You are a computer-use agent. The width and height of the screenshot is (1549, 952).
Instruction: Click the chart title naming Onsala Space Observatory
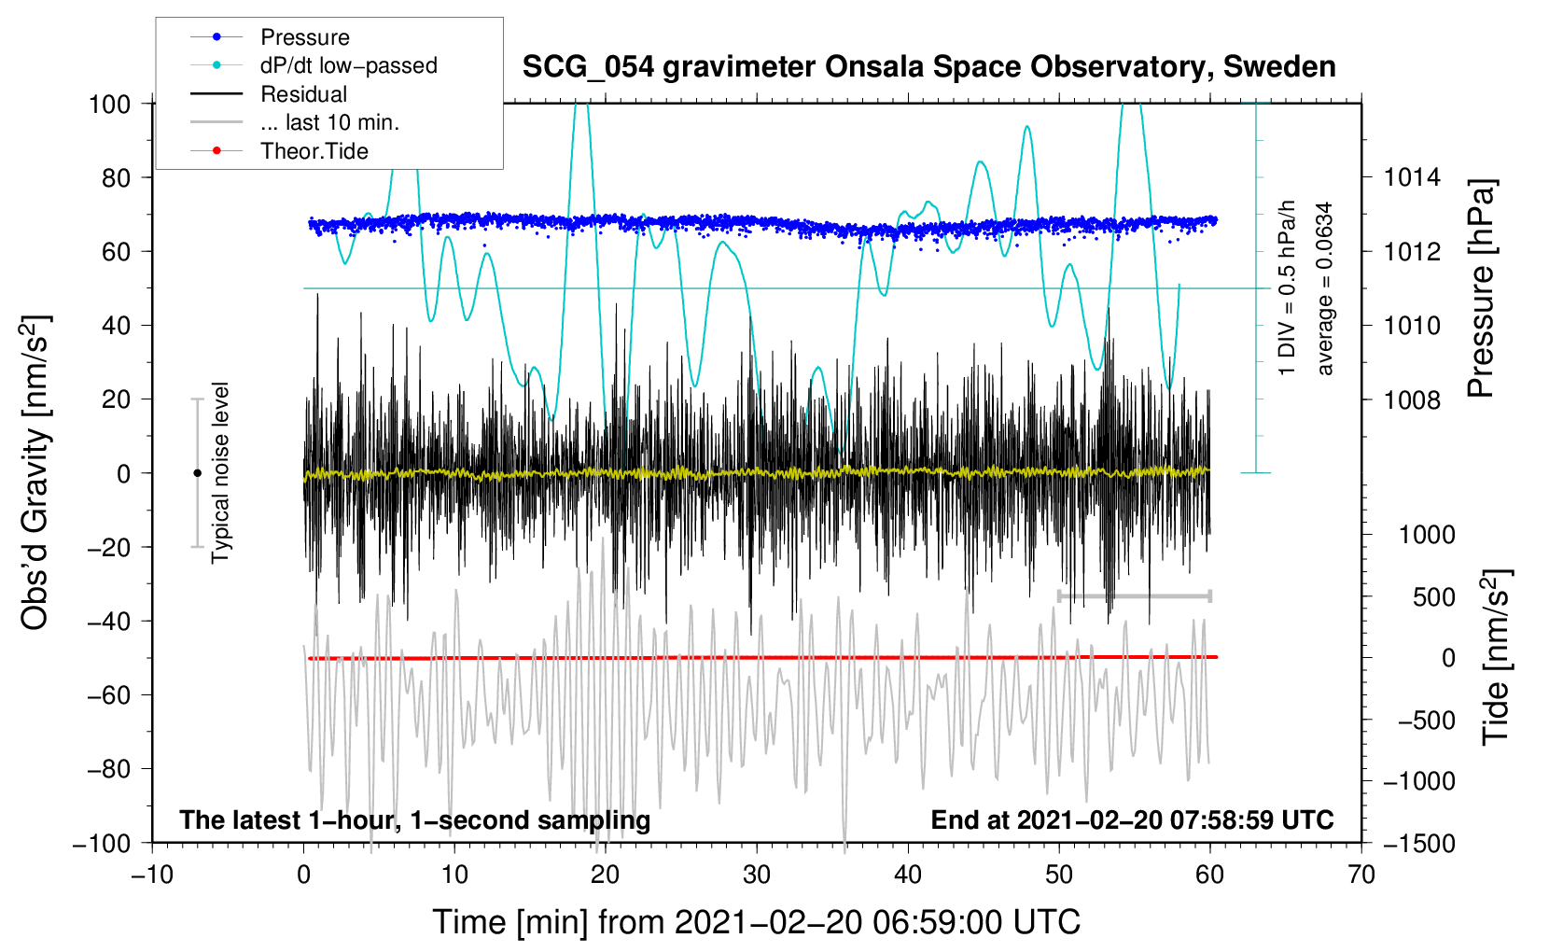pyautogui.click(x=928, y=67)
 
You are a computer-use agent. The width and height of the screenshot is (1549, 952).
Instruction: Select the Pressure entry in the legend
pyautogui.click(x=304, y=37)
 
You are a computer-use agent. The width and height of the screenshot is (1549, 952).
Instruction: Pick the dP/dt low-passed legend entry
pyautogui.click(x=348, y=65)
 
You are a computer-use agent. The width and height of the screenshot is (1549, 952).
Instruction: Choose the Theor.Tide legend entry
pyautogui.click(x=314, y=151)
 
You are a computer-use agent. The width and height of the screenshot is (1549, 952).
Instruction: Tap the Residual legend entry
pyautogui.click(x=303, y=94)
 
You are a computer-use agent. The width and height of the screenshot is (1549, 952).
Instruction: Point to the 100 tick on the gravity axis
pyautogui.click(x=109, y=104)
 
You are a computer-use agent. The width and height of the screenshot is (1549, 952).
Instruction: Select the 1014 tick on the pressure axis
pyautogui.click(x=1412, y=177)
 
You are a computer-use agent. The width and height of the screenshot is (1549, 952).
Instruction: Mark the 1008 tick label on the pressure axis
pyautogui.click(x=1412, y=399)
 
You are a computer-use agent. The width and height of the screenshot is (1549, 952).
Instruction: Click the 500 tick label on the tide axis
pyautogui.click(x=1433, y=596)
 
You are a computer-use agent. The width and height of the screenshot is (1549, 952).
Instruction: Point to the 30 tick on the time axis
pyautogui.click(x=757, y=875)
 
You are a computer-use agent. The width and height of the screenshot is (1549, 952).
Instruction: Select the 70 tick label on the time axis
pyautogui.click(x=1361, y=875)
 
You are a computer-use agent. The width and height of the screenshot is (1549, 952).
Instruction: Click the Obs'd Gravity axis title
pyautogui.click(x=35, y=473)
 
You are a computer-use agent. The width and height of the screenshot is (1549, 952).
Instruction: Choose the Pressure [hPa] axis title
pyautogui.click(x=1482, y=289)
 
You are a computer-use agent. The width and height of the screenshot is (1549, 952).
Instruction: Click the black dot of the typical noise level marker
pyautogui.click(x=197, y=473)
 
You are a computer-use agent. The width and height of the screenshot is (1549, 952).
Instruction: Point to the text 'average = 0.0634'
pyautogui.click(x=1325, y=288)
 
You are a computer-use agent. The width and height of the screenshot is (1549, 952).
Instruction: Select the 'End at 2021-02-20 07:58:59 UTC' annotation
pyautogui.click(x=1132, y=819)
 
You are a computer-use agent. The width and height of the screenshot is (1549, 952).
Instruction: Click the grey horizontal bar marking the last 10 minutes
pyautogui.click(x=1134, y=595)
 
